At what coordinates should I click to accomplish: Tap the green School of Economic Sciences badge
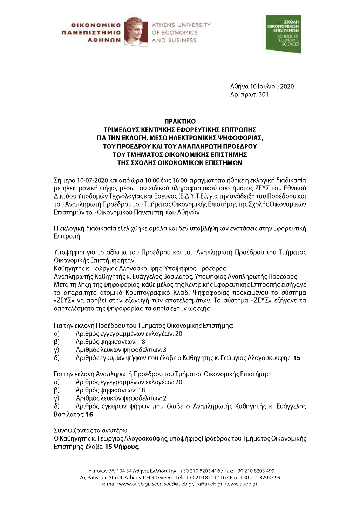[x=283, y=34]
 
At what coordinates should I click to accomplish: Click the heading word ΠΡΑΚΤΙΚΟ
[x=180, y=121]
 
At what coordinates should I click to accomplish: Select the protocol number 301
[x=263, y=94]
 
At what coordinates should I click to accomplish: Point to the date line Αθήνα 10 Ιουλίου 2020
[x=262, y=86]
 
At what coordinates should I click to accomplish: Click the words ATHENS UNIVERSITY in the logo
[x=181, y=25]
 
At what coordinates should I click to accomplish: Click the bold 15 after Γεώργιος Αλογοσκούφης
[x=297, y=358]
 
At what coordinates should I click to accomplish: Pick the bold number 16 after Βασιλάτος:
[x=89, y=415]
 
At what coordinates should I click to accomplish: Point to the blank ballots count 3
[x=165, y=350]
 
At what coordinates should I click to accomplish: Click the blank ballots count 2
[x=165, y=398]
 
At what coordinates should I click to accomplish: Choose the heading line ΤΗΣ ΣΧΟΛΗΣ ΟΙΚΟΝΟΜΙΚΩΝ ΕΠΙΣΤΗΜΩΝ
[x=180, y=163]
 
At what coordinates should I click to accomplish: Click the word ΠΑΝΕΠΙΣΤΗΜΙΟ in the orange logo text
[x=91, y=33]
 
